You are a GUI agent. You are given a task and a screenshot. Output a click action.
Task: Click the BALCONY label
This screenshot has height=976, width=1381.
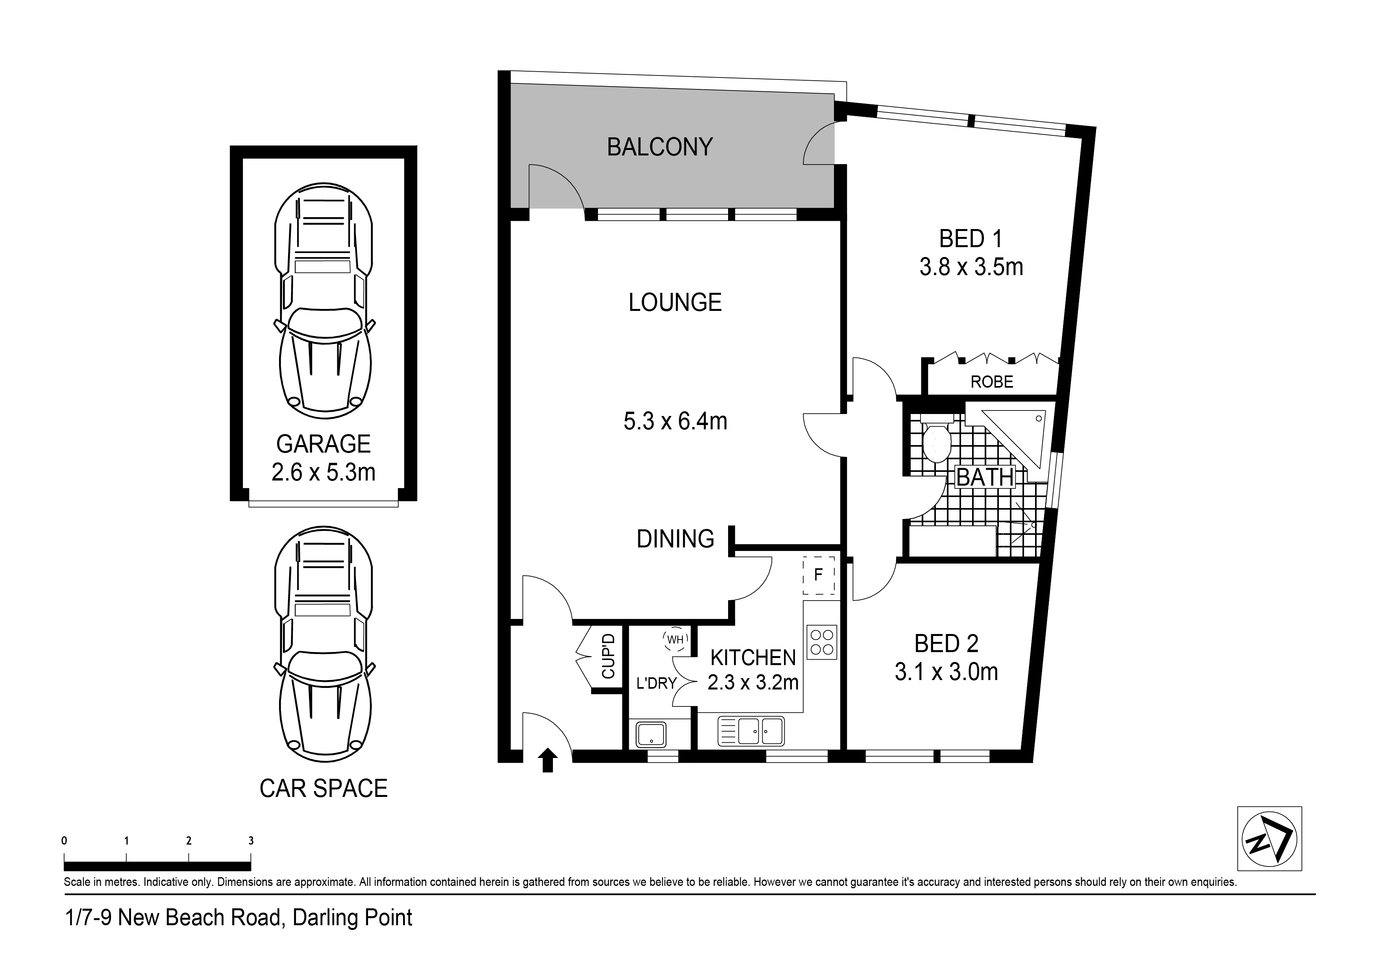click(x=660, y=147)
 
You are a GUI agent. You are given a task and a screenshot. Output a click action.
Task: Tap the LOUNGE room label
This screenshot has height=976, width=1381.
click(x=675, y=303)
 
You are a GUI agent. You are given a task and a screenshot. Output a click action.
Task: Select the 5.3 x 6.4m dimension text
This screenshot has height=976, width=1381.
click(x=675, y=421)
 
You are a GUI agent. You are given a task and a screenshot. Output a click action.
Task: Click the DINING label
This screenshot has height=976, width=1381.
click(x=675, y=539)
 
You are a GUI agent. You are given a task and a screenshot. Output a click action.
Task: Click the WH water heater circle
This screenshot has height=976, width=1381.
click(x=675, y=640)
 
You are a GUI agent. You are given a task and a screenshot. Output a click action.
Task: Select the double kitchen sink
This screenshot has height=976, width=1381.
click(x=751, y=731)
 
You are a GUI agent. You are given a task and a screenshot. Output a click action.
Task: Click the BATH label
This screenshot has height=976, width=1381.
click(x=985, y=477)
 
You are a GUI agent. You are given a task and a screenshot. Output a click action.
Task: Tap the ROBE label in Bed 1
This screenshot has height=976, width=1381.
click(x=992, y=382)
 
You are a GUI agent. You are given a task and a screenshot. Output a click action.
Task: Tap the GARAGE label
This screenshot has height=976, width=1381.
click(x=324, y=444)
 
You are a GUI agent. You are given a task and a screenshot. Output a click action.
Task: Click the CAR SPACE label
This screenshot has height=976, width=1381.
click(x=324, y=788)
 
